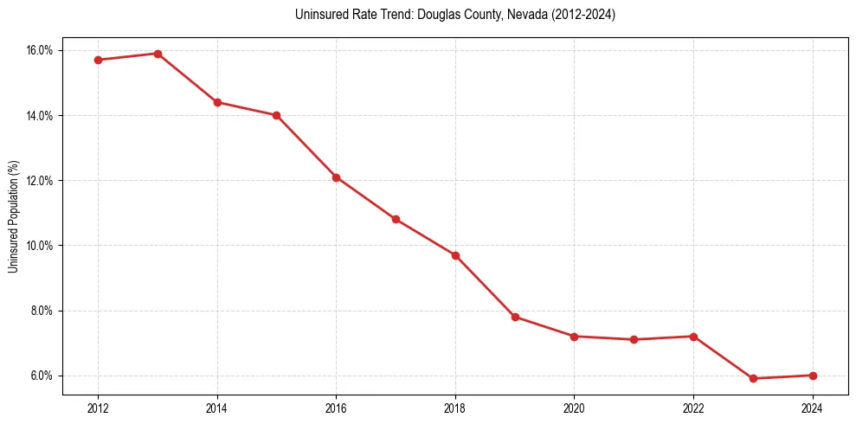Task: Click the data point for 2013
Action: pyautogui.click(x=158, y=54)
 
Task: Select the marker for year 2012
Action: pyautogui.click(x=98, y=60)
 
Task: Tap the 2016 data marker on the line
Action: pyautogui.click(x=336, y=177)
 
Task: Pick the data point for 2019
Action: pyautogui.click(x=515, y=317)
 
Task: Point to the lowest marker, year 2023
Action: pyautogui.click(x=753, y=378)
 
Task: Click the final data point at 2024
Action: pyautogui.click(x=813, y=376)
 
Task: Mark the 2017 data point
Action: pyautogui.click(x=396, y=219)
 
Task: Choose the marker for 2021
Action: pyautogui.click(x=634, y=339)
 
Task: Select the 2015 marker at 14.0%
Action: pyautogui.click(x=276, y=115)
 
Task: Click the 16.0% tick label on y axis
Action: pyautogui.click(x=40, y=50)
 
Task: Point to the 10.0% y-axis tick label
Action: pyautogui.click(x=40, y=246)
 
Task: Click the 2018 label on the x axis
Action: pyautogui.click(x=455, y=408)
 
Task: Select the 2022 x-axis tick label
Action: pyautogui.click(x=693, y=408)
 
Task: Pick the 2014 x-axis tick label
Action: pyautogui.click(x=217, y=408)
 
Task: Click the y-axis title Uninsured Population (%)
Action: pyautogui.click(x=13, y=216)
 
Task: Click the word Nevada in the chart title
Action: pyautogui.click(x=507, y=15)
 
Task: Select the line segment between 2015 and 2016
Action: pyautogui.click(x=306, y=146)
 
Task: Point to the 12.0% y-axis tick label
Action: pyautogui.click(x=40, y=181)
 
